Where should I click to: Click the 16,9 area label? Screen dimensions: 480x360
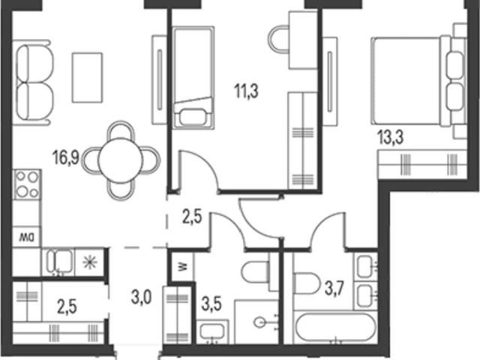[66, 157]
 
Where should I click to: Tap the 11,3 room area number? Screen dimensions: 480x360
[246, 91]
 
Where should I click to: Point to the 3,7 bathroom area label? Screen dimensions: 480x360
[334, 288]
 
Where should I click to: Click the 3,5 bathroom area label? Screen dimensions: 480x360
[211, 304]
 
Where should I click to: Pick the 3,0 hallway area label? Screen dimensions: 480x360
[141, 297]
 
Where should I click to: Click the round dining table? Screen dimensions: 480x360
[121, 160]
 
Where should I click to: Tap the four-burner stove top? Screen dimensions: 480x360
[27, 184]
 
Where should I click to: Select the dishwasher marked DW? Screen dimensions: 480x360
[26, 237]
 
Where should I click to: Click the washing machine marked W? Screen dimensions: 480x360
[182, 267]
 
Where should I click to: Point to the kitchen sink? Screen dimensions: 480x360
[59, 261]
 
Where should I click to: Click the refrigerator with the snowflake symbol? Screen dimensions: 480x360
[90, 262]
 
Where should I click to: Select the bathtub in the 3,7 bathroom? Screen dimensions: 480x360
[335, 327]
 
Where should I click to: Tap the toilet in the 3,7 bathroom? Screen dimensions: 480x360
[307, 283]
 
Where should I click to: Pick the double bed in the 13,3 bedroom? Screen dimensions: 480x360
[418, 81]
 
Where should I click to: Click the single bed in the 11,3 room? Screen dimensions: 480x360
[193, 78]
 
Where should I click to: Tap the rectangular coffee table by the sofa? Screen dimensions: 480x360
[87, 77]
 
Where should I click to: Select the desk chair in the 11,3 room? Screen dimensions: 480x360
[278, 39]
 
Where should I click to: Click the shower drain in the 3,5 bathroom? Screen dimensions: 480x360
[260, 322]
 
